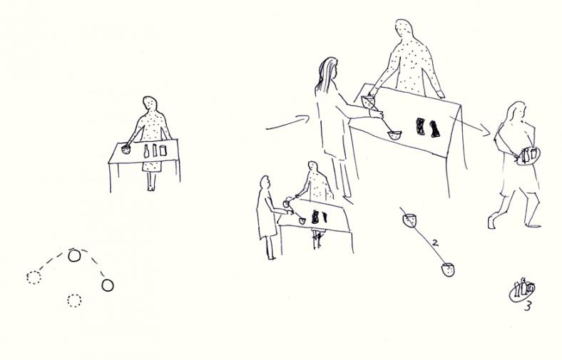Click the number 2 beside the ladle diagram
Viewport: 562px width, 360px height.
435,242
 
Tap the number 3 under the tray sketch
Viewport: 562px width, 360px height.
528,307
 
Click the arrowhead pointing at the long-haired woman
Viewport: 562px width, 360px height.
305,118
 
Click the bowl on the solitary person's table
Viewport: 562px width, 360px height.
126,149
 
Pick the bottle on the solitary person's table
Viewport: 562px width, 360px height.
146,151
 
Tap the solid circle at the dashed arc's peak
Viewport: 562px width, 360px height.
74,256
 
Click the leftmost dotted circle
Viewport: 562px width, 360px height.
34,277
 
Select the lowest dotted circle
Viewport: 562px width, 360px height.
74,301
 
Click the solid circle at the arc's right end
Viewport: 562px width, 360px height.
108,285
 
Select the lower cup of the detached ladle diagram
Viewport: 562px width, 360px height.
448,269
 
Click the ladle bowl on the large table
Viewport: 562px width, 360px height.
394,135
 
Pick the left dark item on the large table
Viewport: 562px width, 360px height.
420,126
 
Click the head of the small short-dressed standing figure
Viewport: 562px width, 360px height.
265,182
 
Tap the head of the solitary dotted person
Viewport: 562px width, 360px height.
150,103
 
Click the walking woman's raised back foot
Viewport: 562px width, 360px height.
491,221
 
